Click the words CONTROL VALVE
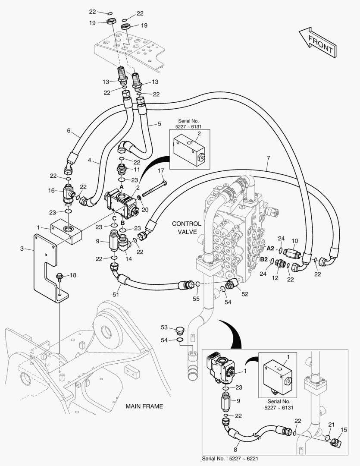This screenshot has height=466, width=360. point(186,227)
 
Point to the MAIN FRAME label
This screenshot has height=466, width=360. point(144,406)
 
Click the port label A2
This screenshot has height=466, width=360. point(270,248)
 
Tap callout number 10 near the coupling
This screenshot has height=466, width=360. point(295,241)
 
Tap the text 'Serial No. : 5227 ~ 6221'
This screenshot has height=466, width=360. point(230,458)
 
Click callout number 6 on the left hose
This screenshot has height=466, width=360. point(69,131)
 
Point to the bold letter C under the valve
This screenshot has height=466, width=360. point(113,218)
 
